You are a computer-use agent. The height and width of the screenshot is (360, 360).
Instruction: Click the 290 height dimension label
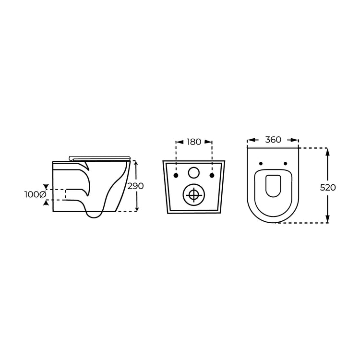136,186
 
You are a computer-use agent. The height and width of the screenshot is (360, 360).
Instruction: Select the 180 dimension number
194,142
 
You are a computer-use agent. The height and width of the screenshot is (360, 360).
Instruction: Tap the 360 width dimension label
273,140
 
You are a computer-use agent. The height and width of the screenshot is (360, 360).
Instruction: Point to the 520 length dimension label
328,187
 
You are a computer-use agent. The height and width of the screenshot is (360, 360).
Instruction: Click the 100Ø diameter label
35,194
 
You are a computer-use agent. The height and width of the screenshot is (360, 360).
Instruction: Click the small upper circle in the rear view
194,173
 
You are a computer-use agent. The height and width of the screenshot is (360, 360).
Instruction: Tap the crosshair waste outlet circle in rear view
194,194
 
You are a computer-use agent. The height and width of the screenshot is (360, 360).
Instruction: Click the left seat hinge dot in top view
261,164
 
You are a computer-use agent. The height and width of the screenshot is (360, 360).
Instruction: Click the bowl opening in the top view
273,186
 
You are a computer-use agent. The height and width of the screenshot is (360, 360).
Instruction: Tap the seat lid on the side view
100,157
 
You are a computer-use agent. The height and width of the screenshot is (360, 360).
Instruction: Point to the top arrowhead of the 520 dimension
327,152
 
